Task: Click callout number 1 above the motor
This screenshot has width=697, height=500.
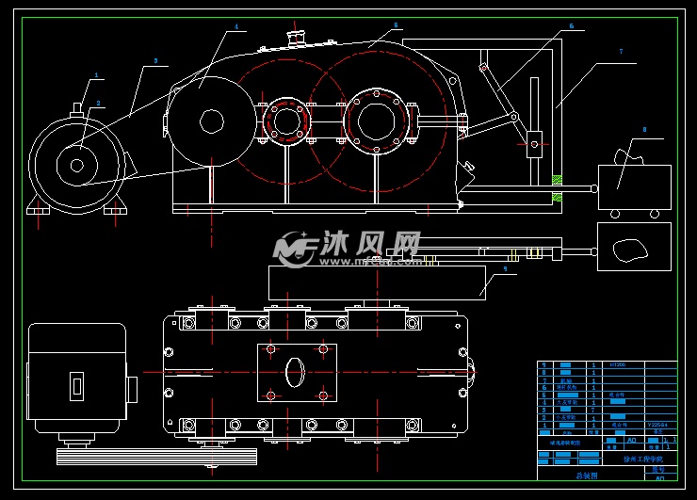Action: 96,75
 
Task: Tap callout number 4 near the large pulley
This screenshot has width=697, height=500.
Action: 236,28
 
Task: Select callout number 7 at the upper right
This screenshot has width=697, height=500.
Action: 621,51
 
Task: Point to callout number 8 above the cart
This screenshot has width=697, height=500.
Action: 644,128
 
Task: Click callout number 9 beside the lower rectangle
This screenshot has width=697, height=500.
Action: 505,268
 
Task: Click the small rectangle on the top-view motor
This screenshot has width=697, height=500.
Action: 77,386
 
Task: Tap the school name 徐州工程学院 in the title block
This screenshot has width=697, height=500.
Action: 642,460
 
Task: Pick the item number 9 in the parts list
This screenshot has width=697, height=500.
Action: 543,364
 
